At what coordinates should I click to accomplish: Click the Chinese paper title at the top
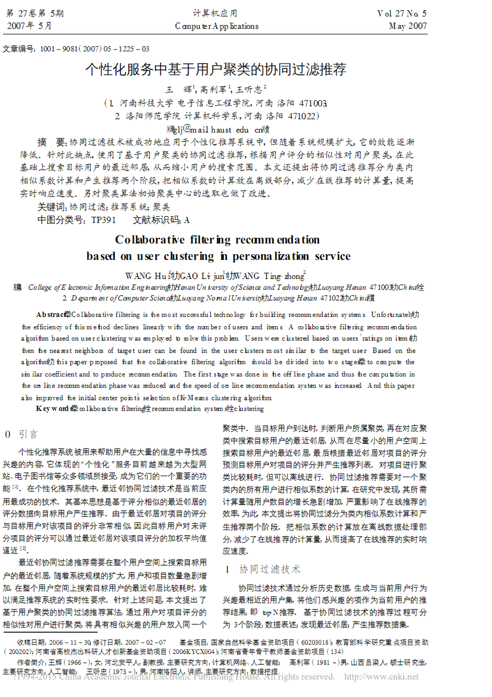[215, 69]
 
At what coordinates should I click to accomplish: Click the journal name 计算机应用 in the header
[215, 13]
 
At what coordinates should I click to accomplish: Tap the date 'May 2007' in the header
[408, 26]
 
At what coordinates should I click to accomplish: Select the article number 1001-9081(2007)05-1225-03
[94, 49]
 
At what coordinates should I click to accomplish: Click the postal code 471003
[313, 103]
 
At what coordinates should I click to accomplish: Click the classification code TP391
[104, 220]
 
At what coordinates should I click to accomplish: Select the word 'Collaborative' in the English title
[150, 240]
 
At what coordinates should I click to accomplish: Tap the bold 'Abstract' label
[51, 314]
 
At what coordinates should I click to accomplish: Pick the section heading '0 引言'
[21, 434]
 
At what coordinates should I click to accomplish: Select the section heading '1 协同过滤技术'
[263, 569]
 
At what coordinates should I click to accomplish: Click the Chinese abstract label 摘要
[51, 142]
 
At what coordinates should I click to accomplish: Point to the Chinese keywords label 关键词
[51, 207]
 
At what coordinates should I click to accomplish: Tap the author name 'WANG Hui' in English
[147, 276]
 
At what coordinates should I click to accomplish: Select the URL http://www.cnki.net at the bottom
[381, 677]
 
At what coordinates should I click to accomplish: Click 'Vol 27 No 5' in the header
[401, 13]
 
